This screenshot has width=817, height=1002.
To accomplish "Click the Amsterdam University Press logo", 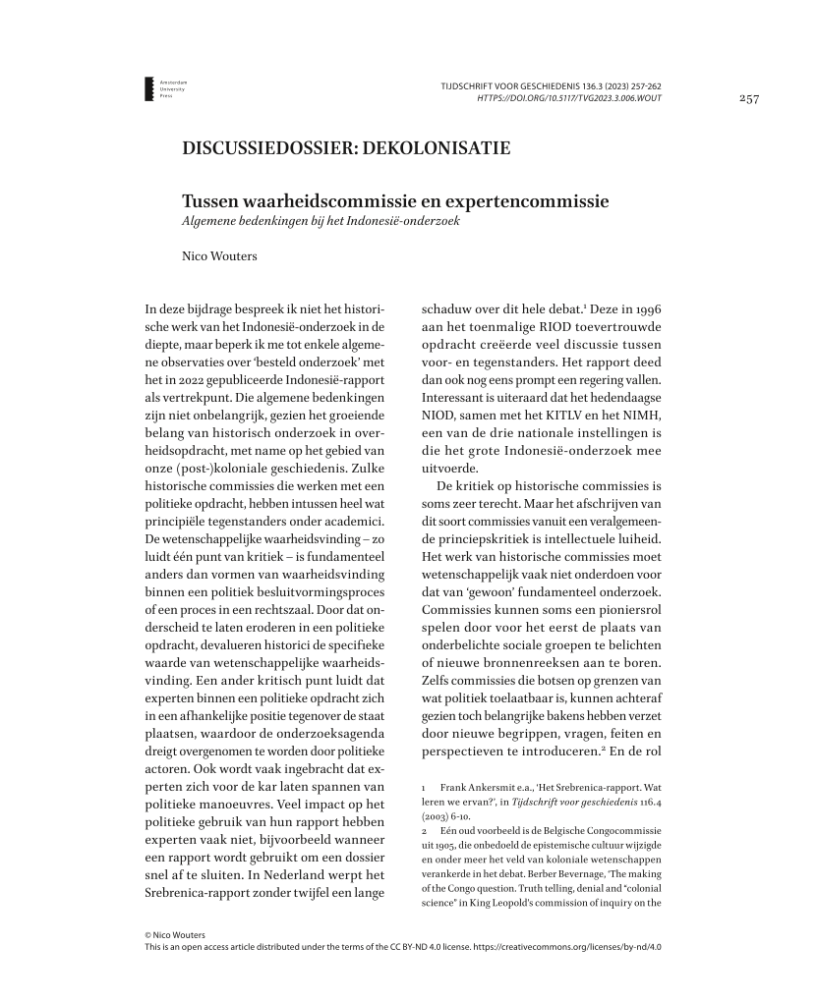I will click(164, 88).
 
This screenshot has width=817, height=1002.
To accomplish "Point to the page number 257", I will click(749, 98).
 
